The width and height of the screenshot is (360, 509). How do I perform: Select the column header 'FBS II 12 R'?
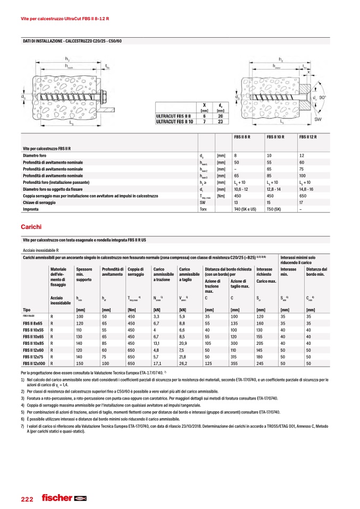(x=308, y=137)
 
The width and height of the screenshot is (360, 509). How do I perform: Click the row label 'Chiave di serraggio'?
(x=41, y=202)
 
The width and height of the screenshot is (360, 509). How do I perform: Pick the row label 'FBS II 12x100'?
(x=35, y=363)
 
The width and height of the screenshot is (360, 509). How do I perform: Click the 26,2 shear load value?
(x=185, y=363)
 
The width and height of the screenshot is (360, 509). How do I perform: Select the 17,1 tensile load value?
(x=158, y=363)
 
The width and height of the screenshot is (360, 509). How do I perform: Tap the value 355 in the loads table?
(x=234, y=363)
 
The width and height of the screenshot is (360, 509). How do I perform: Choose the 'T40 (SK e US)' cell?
(x=245, y=209)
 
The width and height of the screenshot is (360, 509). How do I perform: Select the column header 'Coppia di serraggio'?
(x=136, y=272)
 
